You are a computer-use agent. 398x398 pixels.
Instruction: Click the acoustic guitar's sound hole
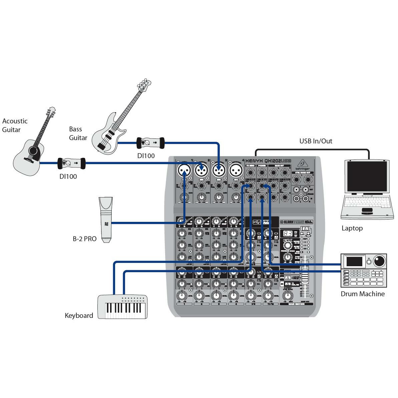pyautogui.click(x=34, y=151)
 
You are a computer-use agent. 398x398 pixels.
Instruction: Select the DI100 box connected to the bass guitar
pyautogui.click(x=151, y=143)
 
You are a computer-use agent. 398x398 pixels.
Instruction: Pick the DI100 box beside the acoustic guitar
pyautogui.click(x=72, y=163)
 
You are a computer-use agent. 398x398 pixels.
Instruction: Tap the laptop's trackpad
pyautogui.click(x=367, y=210)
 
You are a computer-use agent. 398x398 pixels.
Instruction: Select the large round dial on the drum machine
pyautogui.click(x=379, y=260)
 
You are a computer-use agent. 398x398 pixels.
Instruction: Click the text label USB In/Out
pyautogui.click(x=316, y=141)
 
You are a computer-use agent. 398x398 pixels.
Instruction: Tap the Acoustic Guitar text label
pyautogui.click(x=15, y=125)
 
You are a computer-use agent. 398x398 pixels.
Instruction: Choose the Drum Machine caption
pyautogui.click(x=362, y=294)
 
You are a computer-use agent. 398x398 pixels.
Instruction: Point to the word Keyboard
pyautogui.click(x=79, y=316)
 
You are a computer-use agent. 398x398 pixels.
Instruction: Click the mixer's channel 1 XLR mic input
pyautogui.click(x=183, y=170)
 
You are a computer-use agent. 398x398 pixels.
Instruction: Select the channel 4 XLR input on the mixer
pyautogui.click(x=236, y=170)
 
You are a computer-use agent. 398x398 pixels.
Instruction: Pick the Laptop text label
pyautogui.click(x=352, y=228)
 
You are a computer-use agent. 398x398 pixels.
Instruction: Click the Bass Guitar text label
pyautogui.click(x=78, y=133)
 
